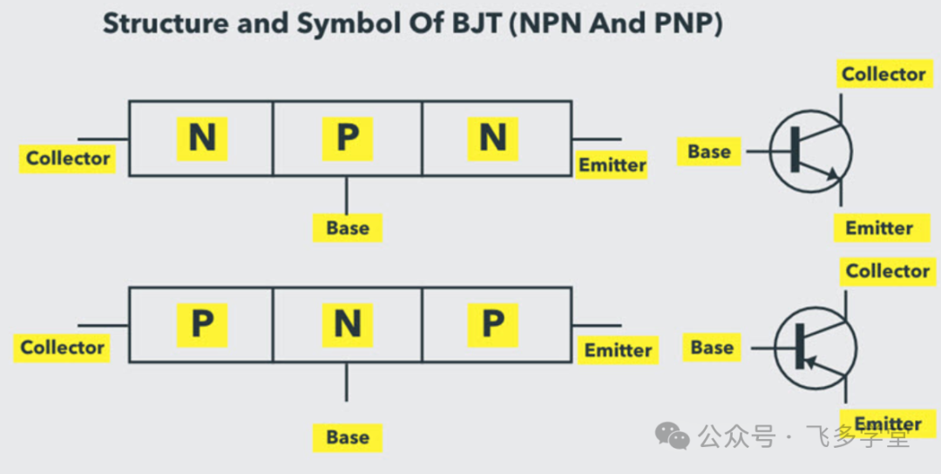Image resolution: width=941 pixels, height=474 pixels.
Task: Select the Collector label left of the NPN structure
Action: (x=68, y=159)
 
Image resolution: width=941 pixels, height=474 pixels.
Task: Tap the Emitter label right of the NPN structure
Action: (x=613, y=165)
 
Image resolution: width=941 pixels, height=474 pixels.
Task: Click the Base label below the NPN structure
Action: (x=348, y=228)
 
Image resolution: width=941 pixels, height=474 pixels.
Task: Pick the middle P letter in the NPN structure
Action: (x=348, y=138)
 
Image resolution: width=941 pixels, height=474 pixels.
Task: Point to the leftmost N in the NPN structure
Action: (x=202, y=138)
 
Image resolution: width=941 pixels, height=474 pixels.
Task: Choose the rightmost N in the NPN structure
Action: (x=492, y=138)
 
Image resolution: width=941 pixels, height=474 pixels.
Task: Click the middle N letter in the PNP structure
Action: (x=348, y=325)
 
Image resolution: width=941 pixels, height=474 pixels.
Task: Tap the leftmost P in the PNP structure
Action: (x=202, y=325)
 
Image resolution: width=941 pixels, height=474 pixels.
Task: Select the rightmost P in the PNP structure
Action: (x=492, y=325)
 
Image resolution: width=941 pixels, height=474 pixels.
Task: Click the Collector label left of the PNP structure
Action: (x=63, y=348)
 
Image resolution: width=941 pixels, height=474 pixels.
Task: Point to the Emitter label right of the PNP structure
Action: (x=618, y=350)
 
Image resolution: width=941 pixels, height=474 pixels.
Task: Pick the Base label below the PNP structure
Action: (x=348, y=437)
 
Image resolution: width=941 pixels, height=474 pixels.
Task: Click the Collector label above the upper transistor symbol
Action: (x=883, y=74)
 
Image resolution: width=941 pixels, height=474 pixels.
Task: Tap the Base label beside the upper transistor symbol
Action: (x=709, y=152)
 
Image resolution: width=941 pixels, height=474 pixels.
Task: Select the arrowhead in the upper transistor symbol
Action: (x=832, y=174)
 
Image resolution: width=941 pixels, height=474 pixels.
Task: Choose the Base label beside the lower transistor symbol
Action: (x=713, y=348)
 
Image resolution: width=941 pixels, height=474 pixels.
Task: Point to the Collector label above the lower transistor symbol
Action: (x=888, y=271)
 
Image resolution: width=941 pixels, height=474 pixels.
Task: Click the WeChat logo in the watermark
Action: (x=672, y=435)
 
